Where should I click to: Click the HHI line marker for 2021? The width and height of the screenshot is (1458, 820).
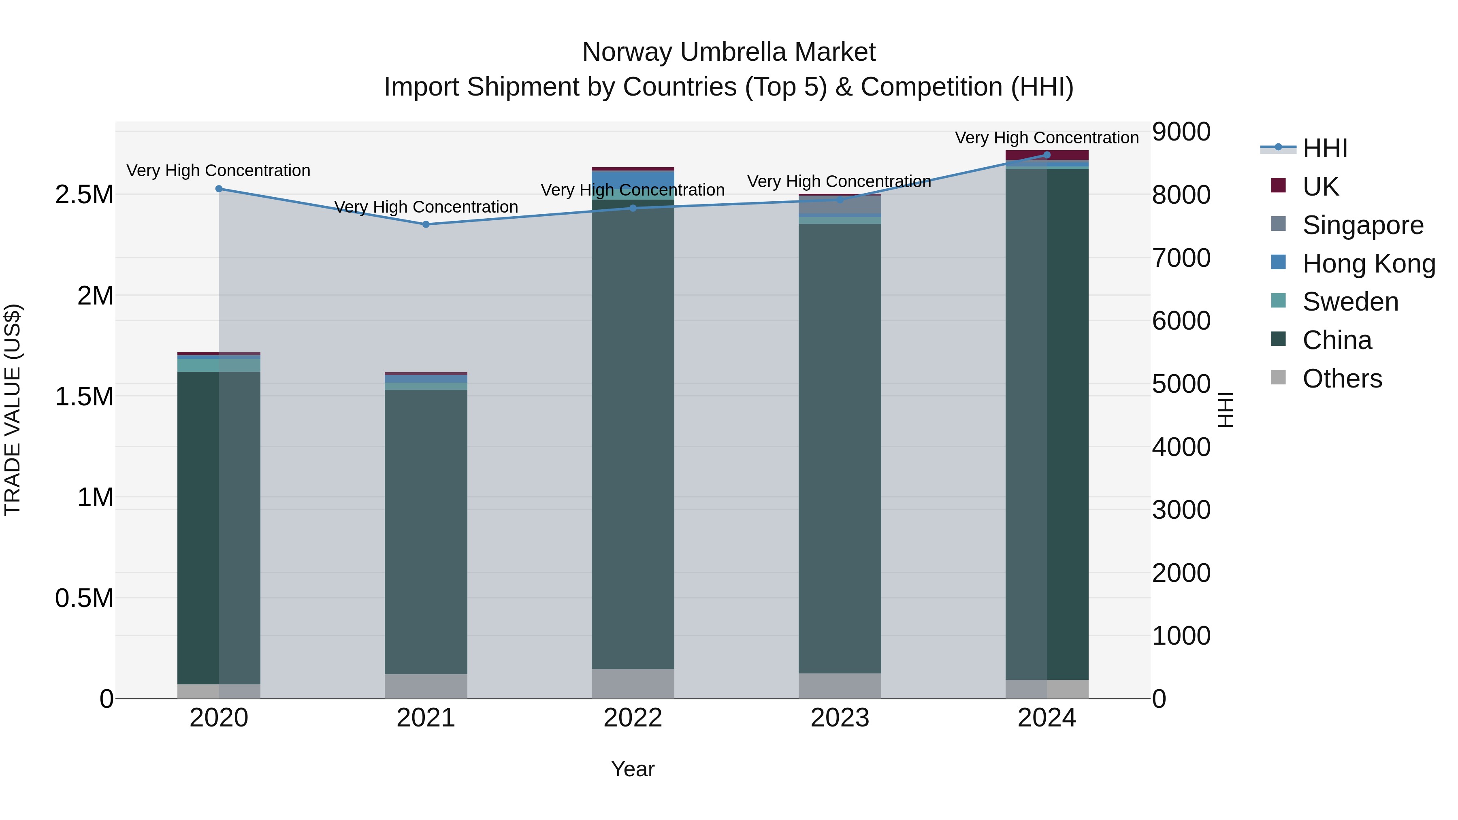click(426, 224)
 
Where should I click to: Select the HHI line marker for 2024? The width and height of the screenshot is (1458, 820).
click(1047, 155)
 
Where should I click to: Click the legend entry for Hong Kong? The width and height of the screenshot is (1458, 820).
click(1368, 264)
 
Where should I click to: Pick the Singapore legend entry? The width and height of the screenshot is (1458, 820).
click(1362, 225)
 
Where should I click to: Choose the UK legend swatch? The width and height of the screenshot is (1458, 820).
click(1279, 185)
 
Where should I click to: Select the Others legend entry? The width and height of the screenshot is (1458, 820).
click(1342, 379)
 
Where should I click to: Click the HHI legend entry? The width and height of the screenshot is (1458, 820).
click(1324, 148)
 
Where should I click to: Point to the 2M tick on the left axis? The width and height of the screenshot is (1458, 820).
click(95, 296)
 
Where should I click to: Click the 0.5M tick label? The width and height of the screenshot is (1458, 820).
click(84, 598)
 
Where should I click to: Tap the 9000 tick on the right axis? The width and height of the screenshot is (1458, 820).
click(1181, 132)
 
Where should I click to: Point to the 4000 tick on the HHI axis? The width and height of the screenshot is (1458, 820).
click(1181, 447)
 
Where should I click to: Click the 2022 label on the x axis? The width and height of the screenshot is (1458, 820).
click(633, 718)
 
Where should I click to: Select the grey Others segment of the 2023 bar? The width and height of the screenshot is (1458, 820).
click(840, 685)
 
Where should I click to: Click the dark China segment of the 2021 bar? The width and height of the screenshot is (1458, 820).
click(426, 532)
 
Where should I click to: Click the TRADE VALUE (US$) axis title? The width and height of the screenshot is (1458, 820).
click(13, 410)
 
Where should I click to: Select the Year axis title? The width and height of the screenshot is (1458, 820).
click(633, 769)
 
